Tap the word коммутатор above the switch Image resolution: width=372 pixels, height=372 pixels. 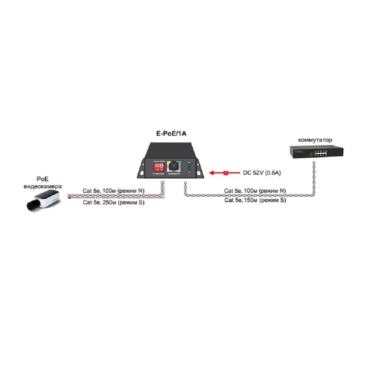[x=315, y=140]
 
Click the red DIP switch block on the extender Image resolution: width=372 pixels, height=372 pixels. [x=158, y=166]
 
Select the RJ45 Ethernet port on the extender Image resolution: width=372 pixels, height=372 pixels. [x=173, y=166]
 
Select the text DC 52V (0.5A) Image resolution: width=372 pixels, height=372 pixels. [x=262, y=173]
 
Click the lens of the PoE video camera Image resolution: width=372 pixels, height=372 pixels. [x=30, y=205]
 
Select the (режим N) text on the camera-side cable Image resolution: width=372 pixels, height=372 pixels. [x=131, y=190]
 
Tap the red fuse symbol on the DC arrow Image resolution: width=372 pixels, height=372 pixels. [x=226, y=173]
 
